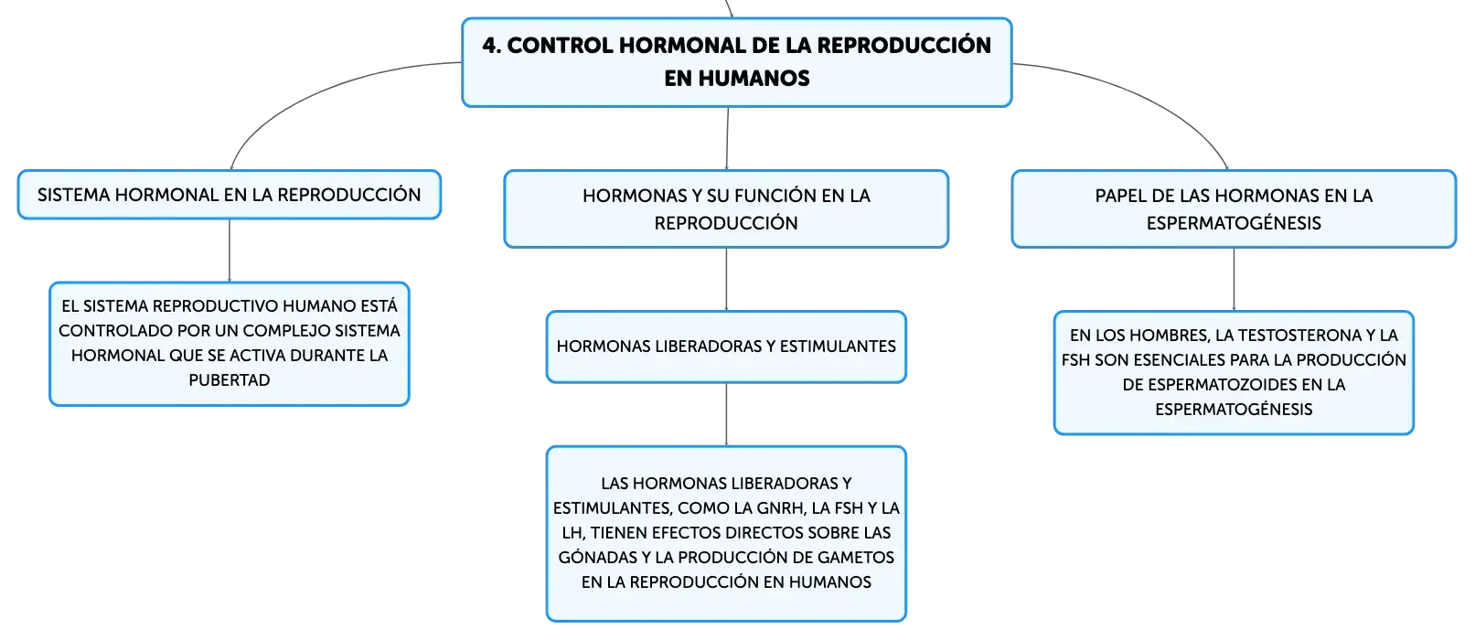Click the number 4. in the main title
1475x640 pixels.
(492, 46)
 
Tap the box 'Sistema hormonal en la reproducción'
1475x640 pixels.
(230, 195)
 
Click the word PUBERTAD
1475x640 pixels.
(230, 380)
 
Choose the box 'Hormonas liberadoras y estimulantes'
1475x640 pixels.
(726, 347)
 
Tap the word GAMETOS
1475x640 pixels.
(856, 557)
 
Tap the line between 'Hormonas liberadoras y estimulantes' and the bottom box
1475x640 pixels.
(726, 415)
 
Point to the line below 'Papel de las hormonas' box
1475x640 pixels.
(1234, 279)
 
